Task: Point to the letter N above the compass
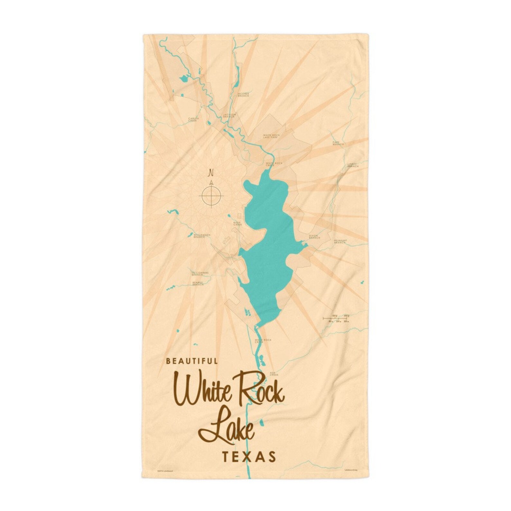[211, 173]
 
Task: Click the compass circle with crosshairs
[211, 195]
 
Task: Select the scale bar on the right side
[336, 319]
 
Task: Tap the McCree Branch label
[243, 95]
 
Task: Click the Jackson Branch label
[230, 115]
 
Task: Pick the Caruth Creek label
[194, 119]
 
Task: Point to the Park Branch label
[338, 143]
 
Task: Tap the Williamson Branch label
[202, 236]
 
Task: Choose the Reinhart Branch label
[339, 241]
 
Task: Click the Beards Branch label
[198, 283]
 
